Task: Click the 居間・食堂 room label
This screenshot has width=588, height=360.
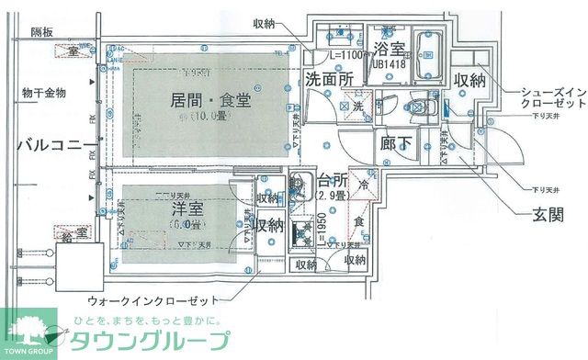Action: (209, 99)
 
